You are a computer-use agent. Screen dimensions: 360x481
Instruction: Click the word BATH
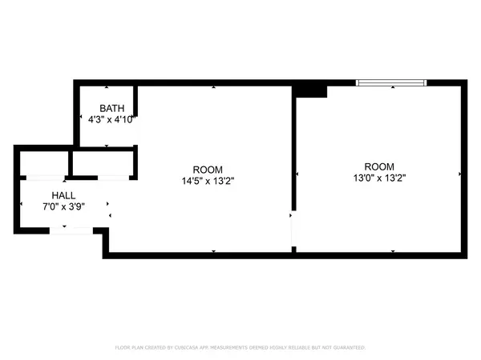(x=111, y=108)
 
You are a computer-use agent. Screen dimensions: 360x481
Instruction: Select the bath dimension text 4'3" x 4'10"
(x=111, y=119)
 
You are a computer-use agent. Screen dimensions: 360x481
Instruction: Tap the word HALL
(x=64, y=195)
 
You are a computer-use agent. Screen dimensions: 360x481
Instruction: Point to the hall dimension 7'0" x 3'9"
(x=64, y=206)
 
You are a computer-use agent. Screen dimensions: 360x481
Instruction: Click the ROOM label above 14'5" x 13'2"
(x=208, y=170)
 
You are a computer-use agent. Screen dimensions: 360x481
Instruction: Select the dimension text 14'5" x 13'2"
(x=208, y=181)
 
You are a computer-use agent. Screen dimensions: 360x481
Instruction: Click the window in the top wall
(x=391, y=82)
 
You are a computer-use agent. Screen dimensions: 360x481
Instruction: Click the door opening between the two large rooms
(x=293, y=230)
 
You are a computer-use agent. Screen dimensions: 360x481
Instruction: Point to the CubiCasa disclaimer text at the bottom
(x=240, y=348)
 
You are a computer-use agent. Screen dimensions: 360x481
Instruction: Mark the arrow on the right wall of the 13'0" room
(x=459, y=174)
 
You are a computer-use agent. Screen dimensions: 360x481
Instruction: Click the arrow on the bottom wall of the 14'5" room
(x=213, y=251)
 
